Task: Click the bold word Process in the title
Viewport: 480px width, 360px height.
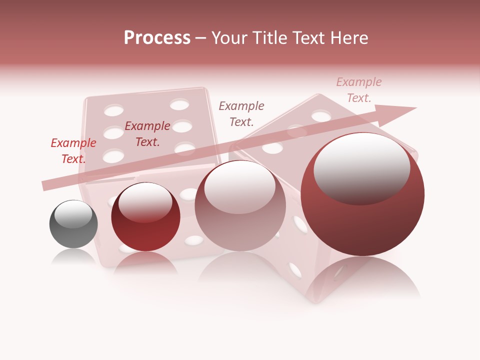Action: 157,37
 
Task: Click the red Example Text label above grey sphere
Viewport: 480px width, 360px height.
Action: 73,151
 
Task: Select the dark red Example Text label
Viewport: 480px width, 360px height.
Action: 147,134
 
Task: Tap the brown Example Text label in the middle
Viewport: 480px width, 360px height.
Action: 241,113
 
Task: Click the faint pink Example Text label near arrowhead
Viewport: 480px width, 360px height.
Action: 359,90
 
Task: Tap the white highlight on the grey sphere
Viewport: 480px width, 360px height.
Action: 73,214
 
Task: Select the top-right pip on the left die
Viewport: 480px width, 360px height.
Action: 179,104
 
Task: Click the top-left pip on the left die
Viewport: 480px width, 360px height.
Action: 114,110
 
